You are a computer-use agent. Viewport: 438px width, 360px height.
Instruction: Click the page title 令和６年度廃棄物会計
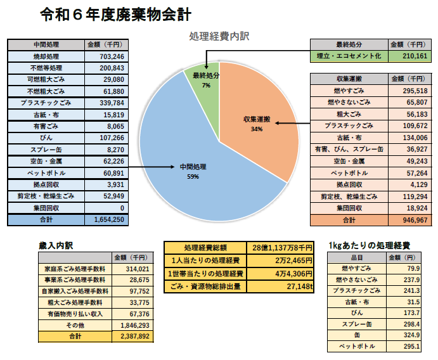tap(114, 13)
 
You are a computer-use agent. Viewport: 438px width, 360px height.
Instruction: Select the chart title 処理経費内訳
tap(219, 36)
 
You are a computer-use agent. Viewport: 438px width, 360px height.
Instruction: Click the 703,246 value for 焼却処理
tap(111, 56)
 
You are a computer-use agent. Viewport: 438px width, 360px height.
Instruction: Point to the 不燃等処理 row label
tap(46, 68)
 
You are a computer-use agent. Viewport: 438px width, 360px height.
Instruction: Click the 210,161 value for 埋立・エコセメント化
tap(415, 56)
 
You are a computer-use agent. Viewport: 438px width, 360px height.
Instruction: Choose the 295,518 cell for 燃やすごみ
tap(415, 91)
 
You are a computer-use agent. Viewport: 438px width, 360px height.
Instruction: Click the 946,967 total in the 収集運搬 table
tap(415, 220)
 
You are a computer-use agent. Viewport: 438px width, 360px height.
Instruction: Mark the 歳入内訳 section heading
tap(60, 245)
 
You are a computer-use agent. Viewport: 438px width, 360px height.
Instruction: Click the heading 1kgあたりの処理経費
tap(369, 245)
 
